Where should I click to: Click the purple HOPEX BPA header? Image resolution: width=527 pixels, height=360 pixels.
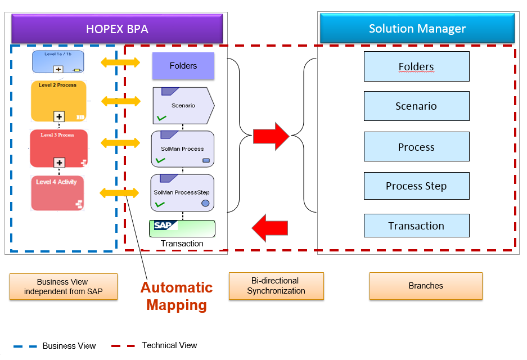[117, 29]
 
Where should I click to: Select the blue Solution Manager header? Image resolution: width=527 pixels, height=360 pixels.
[417, 28]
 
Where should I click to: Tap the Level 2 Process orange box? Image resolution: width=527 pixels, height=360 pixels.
[58, 101]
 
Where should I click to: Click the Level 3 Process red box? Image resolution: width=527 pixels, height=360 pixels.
[59, 148]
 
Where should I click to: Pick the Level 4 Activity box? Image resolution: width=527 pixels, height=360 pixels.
[57, 192]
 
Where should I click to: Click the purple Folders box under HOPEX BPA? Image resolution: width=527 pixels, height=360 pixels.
[183, 66]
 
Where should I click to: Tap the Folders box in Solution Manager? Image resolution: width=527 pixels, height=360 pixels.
[416, 66]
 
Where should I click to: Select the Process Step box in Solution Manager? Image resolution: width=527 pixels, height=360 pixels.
[416, 186]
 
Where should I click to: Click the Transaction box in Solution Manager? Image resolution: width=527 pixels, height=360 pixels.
[416, 226]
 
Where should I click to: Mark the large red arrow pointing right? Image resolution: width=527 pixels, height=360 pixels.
[271, 136]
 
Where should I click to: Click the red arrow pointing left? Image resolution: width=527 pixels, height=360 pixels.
[270, 227]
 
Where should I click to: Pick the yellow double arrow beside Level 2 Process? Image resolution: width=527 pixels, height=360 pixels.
[120, 101]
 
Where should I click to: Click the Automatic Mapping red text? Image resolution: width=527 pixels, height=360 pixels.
[177, 296]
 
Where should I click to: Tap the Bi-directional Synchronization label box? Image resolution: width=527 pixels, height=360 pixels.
[276, 286]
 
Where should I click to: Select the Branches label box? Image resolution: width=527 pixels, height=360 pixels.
[426, 286]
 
